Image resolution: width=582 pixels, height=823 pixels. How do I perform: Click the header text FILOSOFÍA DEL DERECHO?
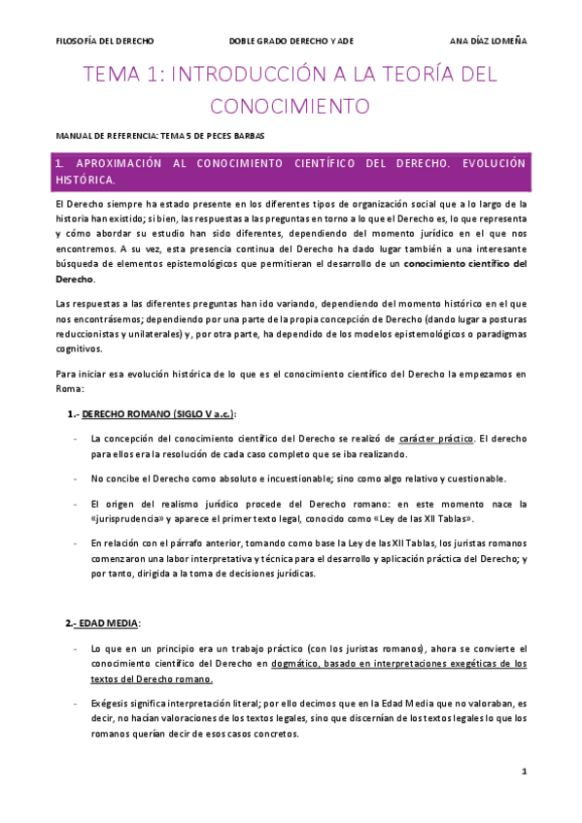(105, 40)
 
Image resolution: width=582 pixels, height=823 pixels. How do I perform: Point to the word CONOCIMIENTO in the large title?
(290, 104)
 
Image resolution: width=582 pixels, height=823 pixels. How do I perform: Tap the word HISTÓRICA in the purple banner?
(86, 180)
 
